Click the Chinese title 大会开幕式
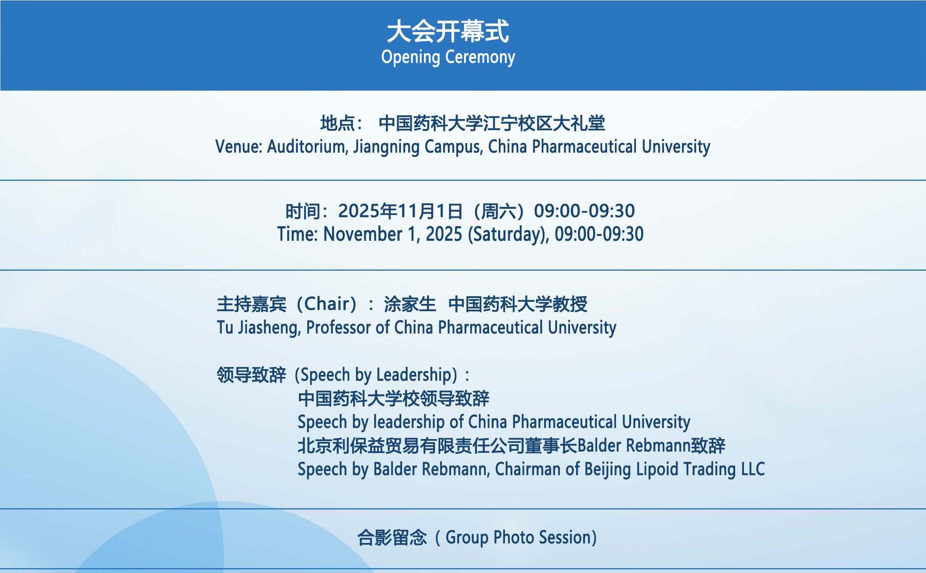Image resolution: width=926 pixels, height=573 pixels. coord(448,31)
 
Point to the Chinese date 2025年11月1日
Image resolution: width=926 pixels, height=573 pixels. coord(400,211)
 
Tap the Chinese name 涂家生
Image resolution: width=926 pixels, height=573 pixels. coord(410,304)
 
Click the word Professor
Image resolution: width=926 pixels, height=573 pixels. coord(339,327)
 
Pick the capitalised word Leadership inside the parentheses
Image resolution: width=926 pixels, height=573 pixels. coord(413,375)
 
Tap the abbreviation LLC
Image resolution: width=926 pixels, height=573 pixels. coord(753,469)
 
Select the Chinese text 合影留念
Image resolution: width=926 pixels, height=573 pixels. coord(392,538)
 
